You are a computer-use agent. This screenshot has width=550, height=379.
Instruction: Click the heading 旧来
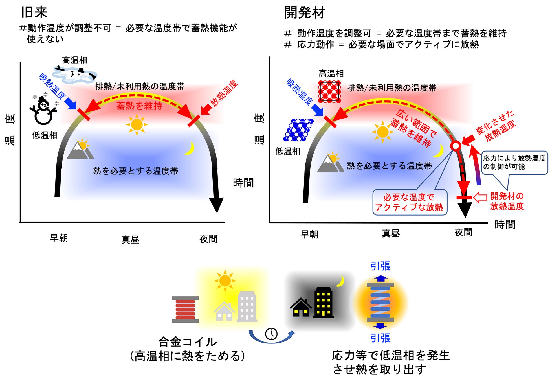[x=34, y=12]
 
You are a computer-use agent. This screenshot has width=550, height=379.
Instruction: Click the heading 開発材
[x=304, y=13]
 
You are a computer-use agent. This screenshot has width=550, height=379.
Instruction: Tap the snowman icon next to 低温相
[x=43, y=111]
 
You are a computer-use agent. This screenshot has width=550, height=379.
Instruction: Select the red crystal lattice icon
[x=329, y=91]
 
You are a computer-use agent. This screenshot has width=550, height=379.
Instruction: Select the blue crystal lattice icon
[x=298, y=130]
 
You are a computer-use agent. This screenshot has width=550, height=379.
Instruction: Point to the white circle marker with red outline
[x=456, y=146]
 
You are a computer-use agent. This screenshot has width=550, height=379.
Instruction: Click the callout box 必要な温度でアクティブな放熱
[x=410, y=202]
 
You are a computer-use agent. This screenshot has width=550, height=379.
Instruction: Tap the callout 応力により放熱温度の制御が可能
[x=514, y=163]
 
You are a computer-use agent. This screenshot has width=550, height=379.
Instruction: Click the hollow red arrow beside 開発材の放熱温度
[x=480, y=197]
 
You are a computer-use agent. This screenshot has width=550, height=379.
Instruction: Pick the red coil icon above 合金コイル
[x=185, y=309]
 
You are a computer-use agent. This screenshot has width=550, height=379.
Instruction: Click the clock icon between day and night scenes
[x=271, y=334]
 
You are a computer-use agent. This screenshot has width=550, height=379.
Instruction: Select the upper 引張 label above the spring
[x=380, y=266]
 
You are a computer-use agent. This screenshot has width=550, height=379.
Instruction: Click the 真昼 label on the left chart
[x=130, y=240]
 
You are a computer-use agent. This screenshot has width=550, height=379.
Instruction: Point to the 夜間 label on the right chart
[x=463, y=232]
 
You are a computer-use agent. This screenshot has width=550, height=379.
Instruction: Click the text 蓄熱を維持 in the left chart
[x=139, y=106]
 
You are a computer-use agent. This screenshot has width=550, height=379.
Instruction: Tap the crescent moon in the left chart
[x=190, y=148]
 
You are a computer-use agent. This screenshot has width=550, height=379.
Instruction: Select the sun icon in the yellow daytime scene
[x=225, y=281]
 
